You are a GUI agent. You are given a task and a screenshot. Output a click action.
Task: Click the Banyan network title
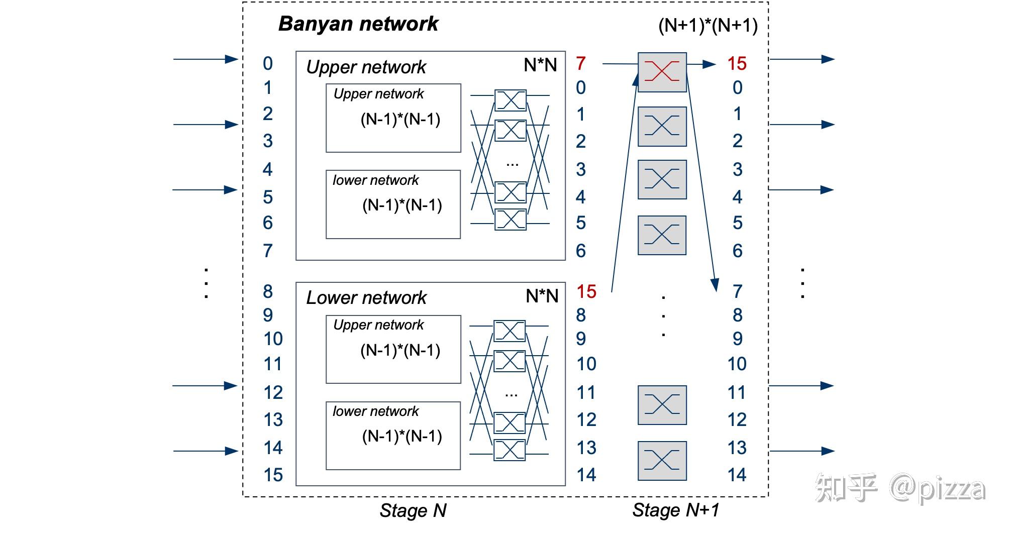click(x=358, y=24)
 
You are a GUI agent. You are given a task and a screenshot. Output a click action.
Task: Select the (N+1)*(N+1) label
click(x=707, y=25)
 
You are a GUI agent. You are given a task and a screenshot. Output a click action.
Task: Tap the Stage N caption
click(x=413, y=511)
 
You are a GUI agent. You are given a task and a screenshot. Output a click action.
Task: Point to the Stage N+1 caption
click(x=675, y=510)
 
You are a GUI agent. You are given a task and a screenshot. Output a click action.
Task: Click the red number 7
click(x=581, y=64)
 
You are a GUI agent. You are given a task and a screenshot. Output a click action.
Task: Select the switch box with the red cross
click(x=662, y=72)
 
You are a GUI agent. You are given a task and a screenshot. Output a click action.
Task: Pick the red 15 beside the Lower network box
click(x=586, y=291)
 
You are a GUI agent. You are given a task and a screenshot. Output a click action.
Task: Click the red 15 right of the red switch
click(x=737, y=64)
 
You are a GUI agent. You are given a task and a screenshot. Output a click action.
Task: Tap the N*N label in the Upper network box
click(x=540, y=65)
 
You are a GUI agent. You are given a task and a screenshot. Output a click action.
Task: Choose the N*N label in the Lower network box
click(x=542, y=296)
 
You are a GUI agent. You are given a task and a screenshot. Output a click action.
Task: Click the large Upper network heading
click(x=366, y=67)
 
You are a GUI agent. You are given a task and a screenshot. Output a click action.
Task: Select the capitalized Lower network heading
click(x=366, y=298)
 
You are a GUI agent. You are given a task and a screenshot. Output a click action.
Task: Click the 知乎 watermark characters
click(x=846, y=487)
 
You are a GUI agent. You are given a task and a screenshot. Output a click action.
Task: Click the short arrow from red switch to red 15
click(x=702, y=64)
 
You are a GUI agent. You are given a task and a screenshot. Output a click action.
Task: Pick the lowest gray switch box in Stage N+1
click(x=662, y=461)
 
